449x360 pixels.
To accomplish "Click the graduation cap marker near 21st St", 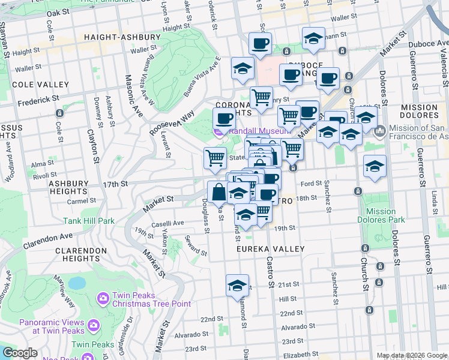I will (237, 286).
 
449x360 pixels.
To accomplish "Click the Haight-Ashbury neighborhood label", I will (122, 37).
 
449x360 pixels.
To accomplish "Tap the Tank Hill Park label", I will (89, 221).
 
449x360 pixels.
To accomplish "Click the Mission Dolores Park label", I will (381, 215).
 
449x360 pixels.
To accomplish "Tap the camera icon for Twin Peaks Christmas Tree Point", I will (103, 297).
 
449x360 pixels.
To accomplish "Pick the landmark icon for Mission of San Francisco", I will (379, 131).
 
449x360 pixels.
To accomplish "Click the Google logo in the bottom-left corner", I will (20, 353).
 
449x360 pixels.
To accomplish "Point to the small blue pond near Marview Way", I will (77, 283).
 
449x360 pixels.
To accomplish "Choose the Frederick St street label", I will (38, 100).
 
